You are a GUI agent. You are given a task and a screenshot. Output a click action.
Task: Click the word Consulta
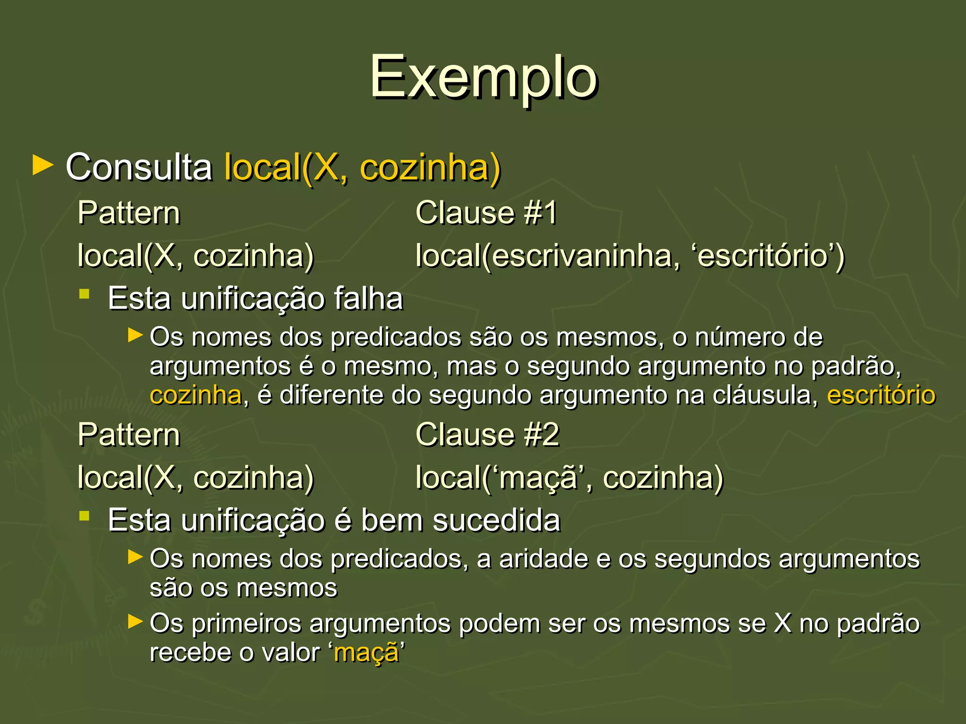coord(139,167)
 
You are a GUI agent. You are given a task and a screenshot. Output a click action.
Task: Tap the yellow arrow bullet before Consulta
coord(43,166)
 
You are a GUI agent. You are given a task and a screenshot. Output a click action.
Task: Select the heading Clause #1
coord(486,213)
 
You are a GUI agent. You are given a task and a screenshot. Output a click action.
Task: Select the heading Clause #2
coord(487,434)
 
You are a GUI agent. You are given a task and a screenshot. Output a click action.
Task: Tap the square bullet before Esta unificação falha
coord(84,295)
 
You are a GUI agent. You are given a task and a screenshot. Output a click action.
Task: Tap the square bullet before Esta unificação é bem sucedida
coord(84,517)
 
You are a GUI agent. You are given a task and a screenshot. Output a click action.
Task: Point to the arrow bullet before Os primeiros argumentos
coord(135,622)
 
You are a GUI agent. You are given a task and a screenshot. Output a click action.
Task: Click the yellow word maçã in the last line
coord(366,653)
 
